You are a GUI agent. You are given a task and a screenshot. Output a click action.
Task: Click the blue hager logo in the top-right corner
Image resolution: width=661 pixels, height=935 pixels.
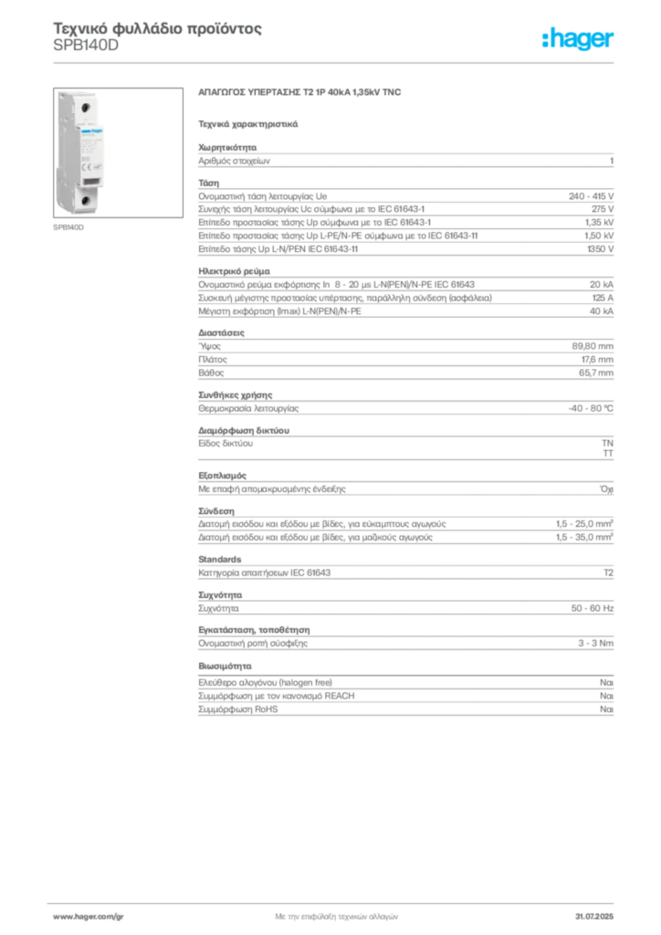579,39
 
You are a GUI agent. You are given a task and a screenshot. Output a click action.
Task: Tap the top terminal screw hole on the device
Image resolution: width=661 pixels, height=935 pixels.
87,108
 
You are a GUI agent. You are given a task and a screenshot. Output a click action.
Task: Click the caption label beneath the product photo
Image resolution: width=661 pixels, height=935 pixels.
69,228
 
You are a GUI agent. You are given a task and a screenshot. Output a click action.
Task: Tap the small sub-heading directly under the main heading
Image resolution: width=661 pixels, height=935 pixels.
248,121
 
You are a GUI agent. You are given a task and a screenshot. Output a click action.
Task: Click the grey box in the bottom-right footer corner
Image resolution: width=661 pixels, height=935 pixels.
599,913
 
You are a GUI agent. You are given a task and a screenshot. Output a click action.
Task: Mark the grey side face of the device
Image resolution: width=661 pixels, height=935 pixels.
62,151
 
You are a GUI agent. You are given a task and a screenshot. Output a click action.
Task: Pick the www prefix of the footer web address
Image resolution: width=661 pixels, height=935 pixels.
61,915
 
